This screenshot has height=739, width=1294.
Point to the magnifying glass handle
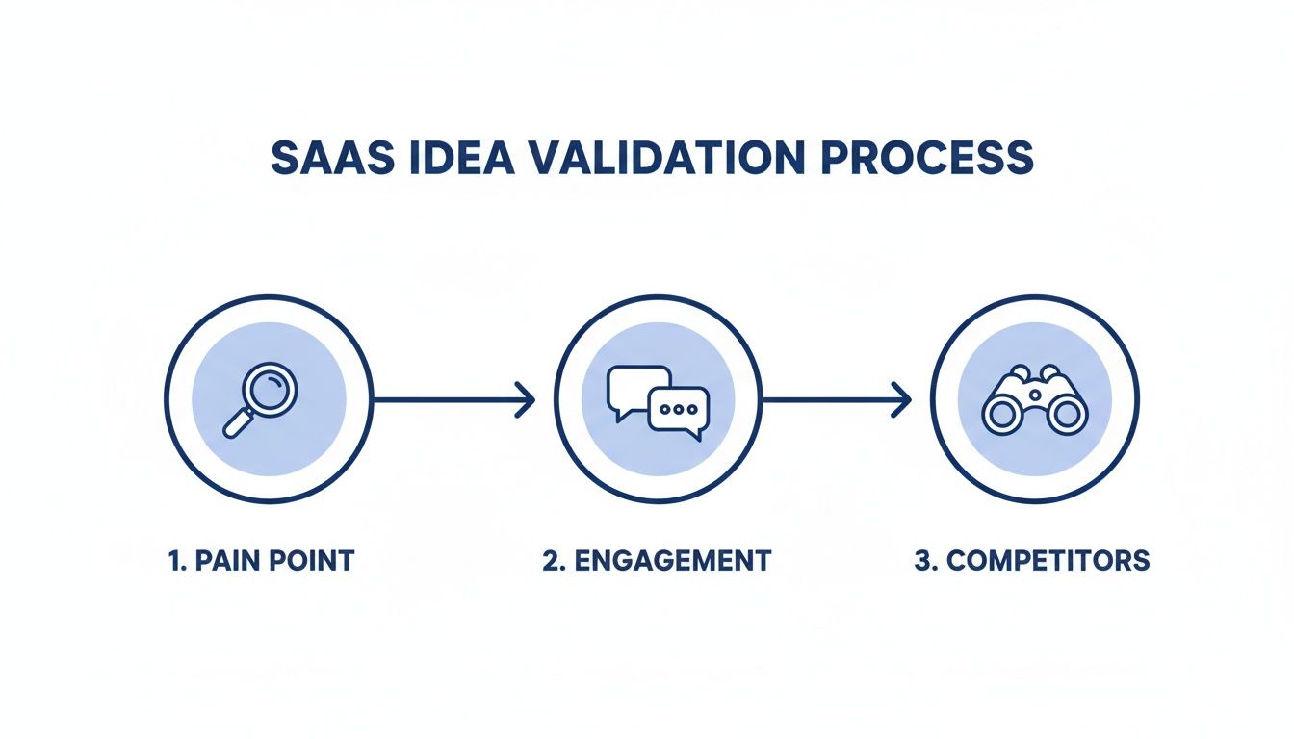(x=236, y=424)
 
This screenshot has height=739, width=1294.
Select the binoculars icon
(x=1034, y=399)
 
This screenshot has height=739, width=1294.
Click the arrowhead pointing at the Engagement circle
(x=526, y=398)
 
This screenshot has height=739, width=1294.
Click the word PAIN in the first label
(x=227, y=561)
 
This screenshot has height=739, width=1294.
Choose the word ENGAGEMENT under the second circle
(x=672, y=561)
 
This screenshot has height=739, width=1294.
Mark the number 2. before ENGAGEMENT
(x=553, y=561)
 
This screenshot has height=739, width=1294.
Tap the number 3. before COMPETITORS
(x=924, y=561)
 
